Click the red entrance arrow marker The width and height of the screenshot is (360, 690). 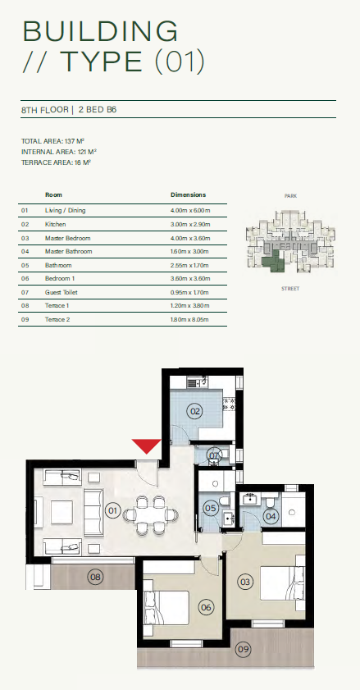[147, 446]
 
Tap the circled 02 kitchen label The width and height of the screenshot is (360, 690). [194, 412]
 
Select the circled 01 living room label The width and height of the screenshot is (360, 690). [113, 510]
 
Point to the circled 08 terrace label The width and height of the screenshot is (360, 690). [94, 577]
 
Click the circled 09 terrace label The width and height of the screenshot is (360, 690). [243, 650]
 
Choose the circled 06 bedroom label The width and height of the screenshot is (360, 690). [206, 608]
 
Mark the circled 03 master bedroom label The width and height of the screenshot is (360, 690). [245, 582]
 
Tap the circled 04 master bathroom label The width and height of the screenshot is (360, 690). [271, 516]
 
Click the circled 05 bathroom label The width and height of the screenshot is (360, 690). [211, 509]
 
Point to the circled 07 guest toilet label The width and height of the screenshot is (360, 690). [214, 456]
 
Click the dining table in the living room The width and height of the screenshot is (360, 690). [151, 515]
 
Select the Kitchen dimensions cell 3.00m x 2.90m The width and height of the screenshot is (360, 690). [190, 225]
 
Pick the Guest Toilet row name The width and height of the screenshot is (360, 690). [62, 292]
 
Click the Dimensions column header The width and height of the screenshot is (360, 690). [188, 194]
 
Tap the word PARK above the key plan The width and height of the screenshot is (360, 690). [290, 196]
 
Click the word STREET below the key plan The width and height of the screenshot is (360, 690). [290, 289]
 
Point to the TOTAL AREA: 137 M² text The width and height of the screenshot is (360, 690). [52, 141]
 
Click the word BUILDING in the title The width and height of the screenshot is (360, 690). [101, 31]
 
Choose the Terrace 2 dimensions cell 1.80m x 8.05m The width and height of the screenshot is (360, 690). [190, 319]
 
